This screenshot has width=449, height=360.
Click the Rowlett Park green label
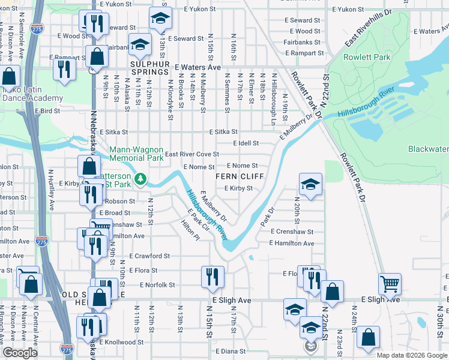coord(366,58)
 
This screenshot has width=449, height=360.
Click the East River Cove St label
coord(192,154)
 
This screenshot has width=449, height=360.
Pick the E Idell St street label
coord(246,143)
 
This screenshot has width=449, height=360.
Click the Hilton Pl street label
coord(190,230)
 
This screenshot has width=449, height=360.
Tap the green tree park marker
coord(140,179)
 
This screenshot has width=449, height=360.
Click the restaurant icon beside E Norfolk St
coord(212,277)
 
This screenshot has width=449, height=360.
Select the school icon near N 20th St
coord(310,184)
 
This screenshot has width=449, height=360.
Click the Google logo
coord(20,353)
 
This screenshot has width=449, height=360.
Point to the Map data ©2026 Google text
coord(411,355)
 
